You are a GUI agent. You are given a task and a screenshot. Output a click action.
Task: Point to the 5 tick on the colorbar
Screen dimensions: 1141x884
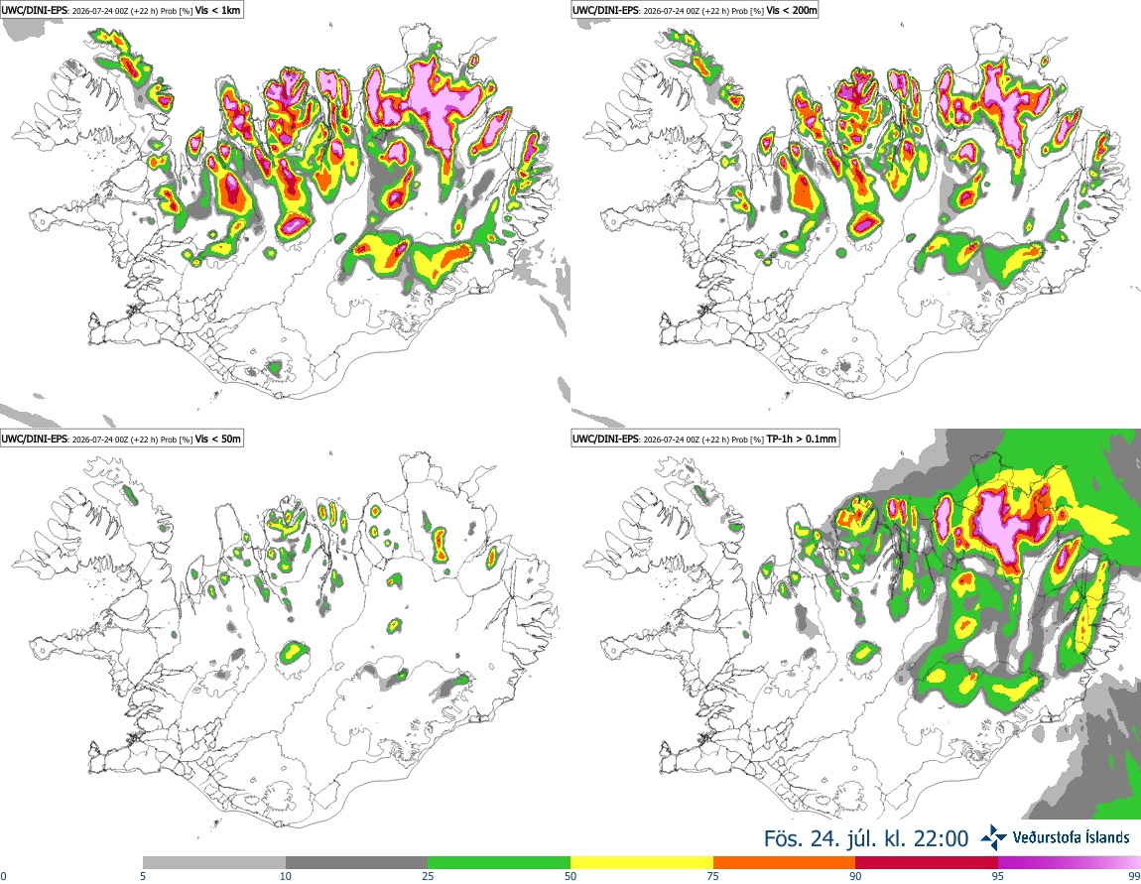143,876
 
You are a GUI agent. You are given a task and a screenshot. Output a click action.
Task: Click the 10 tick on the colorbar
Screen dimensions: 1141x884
286,876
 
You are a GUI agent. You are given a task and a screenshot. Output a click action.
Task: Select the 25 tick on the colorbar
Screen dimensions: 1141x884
428,876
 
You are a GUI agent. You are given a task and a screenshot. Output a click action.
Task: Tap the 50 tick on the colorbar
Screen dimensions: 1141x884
570,876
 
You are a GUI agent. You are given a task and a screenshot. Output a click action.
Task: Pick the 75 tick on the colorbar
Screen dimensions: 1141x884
713,876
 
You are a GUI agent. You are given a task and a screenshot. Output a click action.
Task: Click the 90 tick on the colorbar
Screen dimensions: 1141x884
855,876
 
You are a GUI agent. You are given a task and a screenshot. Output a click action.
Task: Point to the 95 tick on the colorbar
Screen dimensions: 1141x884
998,876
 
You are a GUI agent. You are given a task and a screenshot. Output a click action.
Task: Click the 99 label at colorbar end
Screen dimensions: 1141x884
1134,876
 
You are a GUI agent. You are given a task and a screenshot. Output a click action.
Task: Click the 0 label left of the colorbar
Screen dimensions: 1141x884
4,876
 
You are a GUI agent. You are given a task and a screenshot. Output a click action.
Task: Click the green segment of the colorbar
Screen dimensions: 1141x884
499,862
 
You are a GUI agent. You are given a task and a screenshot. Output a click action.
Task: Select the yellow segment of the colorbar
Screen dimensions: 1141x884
642,862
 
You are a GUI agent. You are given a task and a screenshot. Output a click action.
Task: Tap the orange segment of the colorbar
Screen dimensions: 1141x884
785,862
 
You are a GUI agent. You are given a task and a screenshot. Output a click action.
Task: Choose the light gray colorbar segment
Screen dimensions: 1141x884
214,862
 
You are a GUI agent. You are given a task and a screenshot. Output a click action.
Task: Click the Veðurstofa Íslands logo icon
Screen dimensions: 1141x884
993,837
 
